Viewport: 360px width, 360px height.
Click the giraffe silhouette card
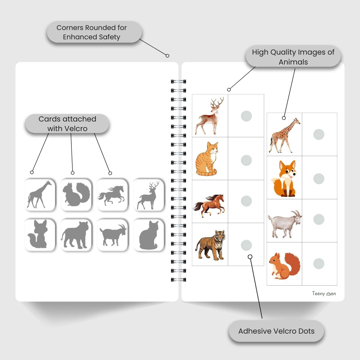pos(40,194)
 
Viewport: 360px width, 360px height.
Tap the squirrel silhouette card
pos(76,194)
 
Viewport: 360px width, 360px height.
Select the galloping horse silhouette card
pos(112,194)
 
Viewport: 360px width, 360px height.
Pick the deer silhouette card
pos(148,194)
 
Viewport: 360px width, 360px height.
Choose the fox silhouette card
pos(40,235)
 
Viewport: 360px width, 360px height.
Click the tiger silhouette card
pos(76,235)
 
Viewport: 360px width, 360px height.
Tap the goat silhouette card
pos(112,235)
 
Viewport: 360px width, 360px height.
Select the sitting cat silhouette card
pos(149,235)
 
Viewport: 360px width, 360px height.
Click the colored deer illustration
pos(210,115)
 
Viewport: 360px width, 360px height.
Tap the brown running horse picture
pos(209,205)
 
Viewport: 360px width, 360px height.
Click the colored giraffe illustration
pos(284,135)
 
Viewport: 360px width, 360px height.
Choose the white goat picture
pos(284,223)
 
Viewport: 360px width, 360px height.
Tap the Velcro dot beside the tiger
pos(246,245)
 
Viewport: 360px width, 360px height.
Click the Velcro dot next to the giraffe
pos(319,134)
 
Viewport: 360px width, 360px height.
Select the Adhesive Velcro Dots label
pos(276,331)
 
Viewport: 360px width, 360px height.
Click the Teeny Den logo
pos(324,293)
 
